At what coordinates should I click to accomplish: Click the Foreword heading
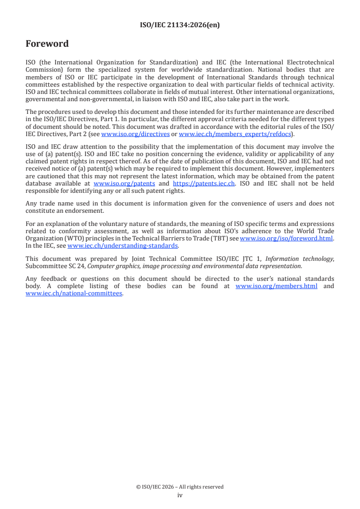click(47, 44)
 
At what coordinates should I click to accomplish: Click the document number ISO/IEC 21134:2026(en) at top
click(180, 25)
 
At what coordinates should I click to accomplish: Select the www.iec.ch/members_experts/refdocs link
click(235, 134)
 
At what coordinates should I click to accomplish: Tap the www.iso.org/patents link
click(124, 183)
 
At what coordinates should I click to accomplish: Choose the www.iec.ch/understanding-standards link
click(123, 245)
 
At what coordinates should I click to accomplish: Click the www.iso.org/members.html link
click(276, 286)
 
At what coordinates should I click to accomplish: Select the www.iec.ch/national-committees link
click(74, 293)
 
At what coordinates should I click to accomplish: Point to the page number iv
click(180, 495)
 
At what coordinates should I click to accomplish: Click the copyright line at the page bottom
click(180, 487)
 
